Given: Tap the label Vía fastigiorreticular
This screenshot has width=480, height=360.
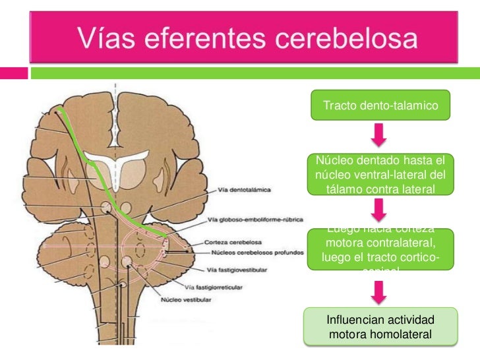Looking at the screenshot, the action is [x=214, y=287].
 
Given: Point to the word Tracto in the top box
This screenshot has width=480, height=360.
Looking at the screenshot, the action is [x=338, y=105].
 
